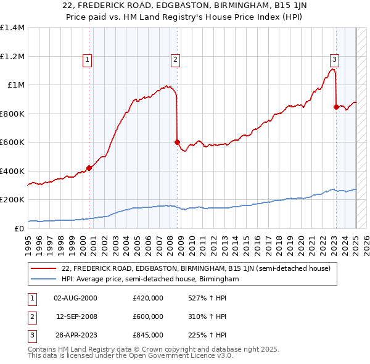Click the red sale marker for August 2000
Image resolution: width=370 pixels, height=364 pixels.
coord(89,168)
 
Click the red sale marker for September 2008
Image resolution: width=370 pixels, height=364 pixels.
coord(177,142)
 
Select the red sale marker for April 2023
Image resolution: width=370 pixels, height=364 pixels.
coord(336,107)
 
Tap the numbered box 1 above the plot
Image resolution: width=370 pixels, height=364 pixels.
coord(88,60)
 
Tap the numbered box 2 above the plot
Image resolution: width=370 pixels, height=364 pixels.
coord(176,60)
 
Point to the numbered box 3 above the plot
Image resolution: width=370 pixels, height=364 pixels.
coord(334,60)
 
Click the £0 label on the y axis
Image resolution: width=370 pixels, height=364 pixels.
coord(18,228)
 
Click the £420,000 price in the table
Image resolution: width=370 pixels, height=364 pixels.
coord(148,298)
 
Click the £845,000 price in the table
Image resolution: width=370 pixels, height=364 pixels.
coord(148,335)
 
